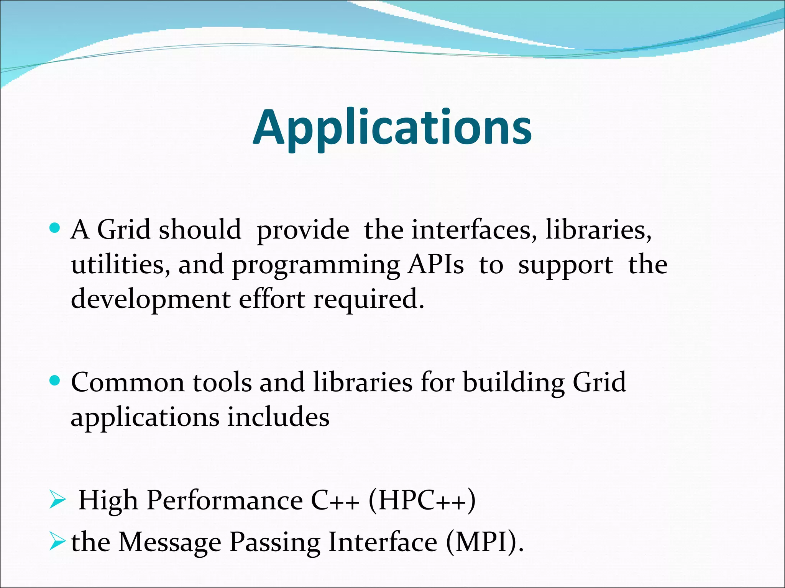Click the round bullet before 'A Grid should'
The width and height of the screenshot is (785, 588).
[55, 229]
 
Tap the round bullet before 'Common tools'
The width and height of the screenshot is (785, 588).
[55, 381]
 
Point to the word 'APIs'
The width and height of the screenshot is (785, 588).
[436, 265]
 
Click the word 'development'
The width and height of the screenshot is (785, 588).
[151, 300]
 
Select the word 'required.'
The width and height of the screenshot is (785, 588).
[369, 300]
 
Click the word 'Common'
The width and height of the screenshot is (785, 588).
[128, 383]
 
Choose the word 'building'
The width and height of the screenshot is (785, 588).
[514, 383]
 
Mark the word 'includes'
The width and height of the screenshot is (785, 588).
[278, 417]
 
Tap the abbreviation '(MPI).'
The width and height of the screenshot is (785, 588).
[485, 542]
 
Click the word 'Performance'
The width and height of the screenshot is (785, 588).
[225, 501]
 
